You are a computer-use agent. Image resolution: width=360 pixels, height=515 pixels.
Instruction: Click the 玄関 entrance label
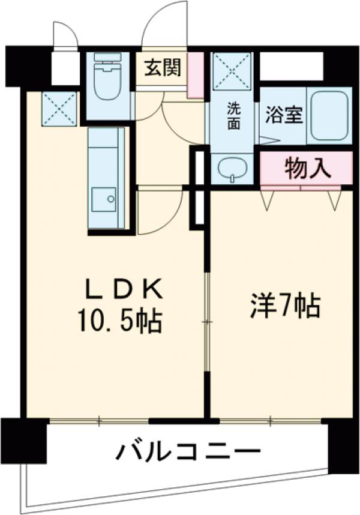coord(162,68)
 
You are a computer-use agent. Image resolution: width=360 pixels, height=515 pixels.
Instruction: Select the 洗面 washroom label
coord(233,116)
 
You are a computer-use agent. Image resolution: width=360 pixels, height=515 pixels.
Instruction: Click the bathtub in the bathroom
coord(329,115)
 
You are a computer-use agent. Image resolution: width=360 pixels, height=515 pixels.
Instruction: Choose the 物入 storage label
coord(307,169)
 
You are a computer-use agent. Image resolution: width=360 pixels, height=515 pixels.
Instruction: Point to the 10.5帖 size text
coord(118,323)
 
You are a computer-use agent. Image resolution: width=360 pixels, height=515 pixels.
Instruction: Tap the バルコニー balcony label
coord(188,451)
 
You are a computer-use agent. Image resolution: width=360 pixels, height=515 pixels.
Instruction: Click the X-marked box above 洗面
coord(232,71)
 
